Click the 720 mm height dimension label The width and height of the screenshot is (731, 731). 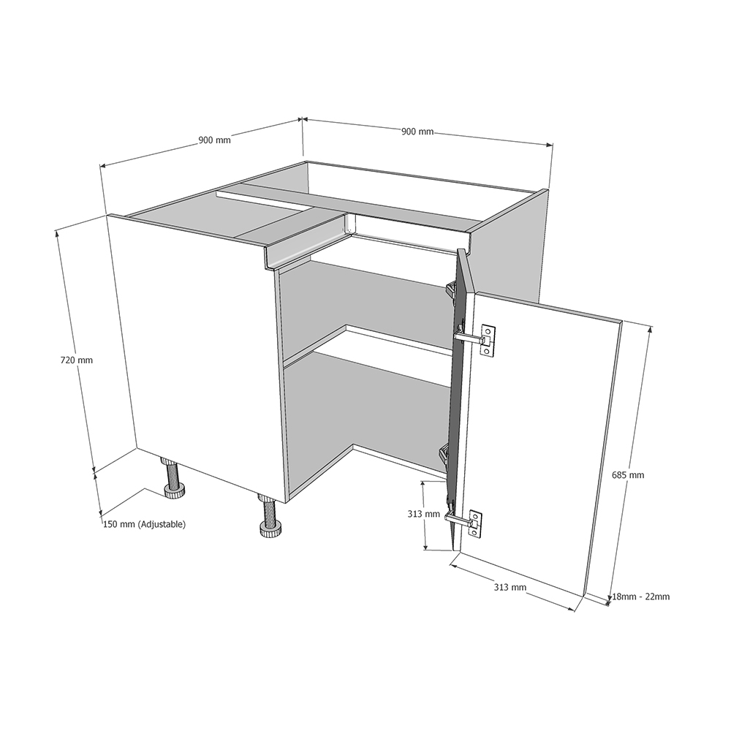[77, 360]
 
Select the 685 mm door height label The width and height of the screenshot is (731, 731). [628, 475]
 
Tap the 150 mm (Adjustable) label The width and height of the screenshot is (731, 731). [144, 524]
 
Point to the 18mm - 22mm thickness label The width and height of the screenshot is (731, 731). [640, 596]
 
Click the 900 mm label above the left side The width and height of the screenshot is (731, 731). [214, 140]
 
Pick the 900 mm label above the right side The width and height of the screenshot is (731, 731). [417, 132]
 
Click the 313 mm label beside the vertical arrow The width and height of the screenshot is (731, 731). [423, 514]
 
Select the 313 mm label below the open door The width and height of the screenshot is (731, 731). [510, 588]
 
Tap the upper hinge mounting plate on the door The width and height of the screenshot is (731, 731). [487, 341]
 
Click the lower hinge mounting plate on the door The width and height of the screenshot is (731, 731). [475, 524]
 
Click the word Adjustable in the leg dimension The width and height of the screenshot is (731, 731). [162, 524]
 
